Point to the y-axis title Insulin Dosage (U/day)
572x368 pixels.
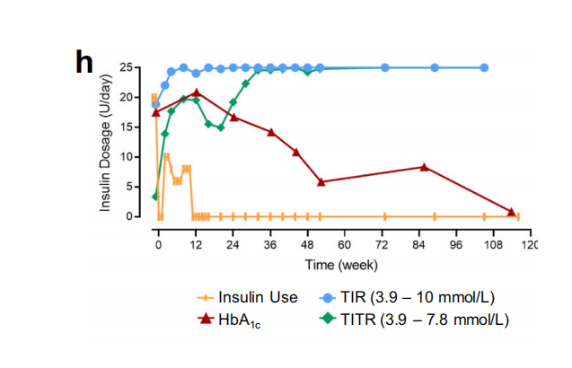click(x=105, y=144)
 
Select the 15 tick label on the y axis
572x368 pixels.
click(x=132, y=127)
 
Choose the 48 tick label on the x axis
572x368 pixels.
click(x=307, y=244)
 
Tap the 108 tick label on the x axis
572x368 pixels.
click(x=492, y=244)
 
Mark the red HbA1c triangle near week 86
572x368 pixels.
click(x=425, y=166)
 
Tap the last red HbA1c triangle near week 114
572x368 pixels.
click(x=512, y=211)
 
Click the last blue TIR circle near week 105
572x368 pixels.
click(x=484, y=67)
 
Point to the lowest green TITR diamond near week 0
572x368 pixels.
click(x=155, y=197)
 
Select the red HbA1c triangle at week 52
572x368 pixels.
click(x=321, y=181)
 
